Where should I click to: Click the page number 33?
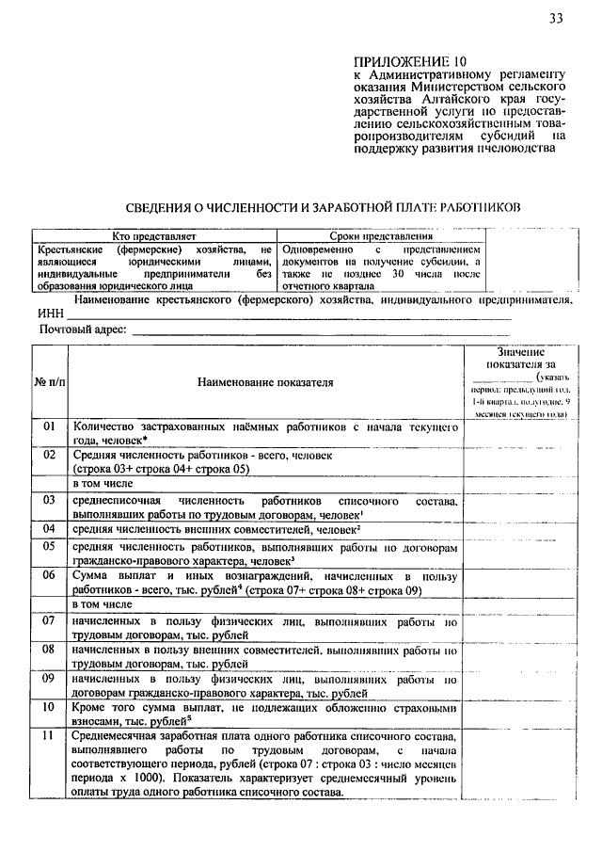[x=557, y=18]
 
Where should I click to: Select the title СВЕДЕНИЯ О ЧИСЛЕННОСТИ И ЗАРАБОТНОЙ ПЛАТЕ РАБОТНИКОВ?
[x=323, y=205]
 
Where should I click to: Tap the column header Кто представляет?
[x=152, y=234]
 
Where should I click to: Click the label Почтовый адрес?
[x=81, y=330]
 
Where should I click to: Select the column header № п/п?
[x=50, y=382]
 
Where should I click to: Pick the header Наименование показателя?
[x=265, y=382]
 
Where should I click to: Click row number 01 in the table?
[x=50, y=427]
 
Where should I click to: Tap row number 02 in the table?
[x=50, y=455]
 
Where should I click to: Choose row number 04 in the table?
[x=50, y=529]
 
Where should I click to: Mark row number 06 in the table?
[x=50, y=574]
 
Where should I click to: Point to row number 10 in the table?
[x=50, y=706]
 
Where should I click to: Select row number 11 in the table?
[x=50, y=734]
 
